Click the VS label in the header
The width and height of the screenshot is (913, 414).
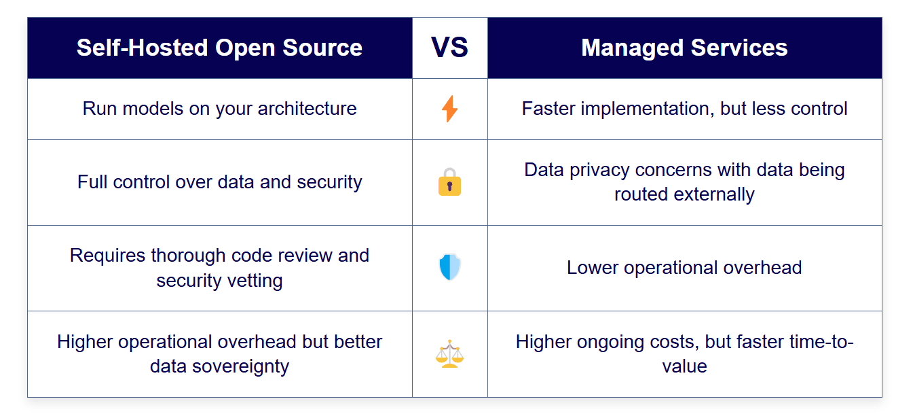449,48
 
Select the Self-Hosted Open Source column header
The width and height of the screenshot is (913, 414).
220,48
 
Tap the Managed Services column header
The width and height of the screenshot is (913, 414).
684,48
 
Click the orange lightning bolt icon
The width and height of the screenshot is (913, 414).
449,109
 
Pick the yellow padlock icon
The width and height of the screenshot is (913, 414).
449,182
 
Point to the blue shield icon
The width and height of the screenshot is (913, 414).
449,267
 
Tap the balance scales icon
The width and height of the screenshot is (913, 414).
449,354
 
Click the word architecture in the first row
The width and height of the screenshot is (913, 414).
308,109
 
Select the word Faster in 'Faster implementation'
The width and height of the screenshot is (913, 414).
548,109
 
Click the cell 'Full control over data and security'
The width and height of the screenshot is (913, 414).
220,182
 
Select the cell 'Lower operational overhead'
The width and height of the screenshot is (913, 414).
684,268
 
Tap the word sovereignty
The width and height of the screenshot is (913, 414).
240,366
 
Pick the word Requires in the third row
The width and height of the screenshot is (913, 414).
108,256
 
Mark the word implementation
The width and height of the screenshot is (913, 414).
648,109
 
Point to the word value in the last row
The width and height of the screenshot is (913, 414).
684,366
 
